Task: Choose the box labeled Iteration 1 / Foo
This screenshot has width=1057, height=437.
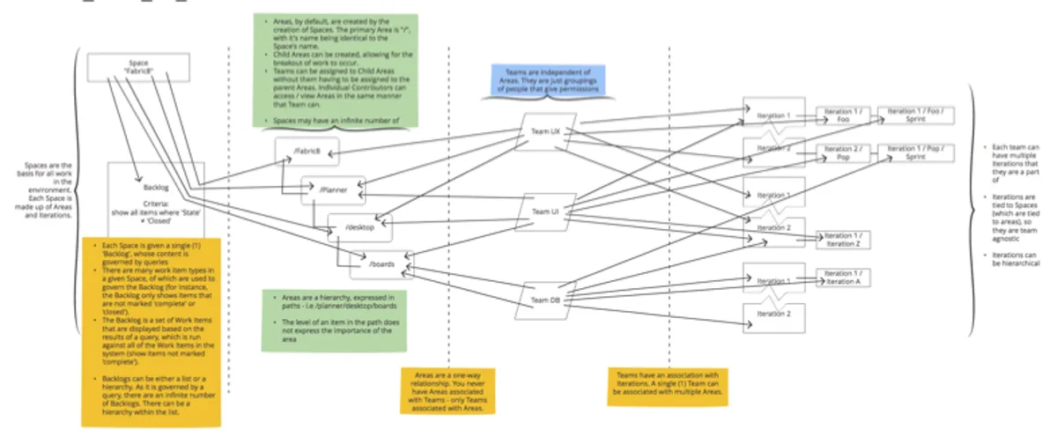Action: coord(843,117)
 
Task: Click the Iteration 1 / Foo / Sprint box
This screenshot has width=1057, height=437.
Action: coord(916,116)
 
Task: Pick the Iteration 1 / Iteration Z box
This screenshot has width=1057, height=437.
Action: coord(844,240)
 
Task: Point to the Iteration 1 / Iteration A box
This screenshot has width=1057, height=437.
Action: coord(844,278)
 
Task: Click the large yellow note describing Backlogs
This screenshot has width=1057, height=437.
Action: coord(151,330)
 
